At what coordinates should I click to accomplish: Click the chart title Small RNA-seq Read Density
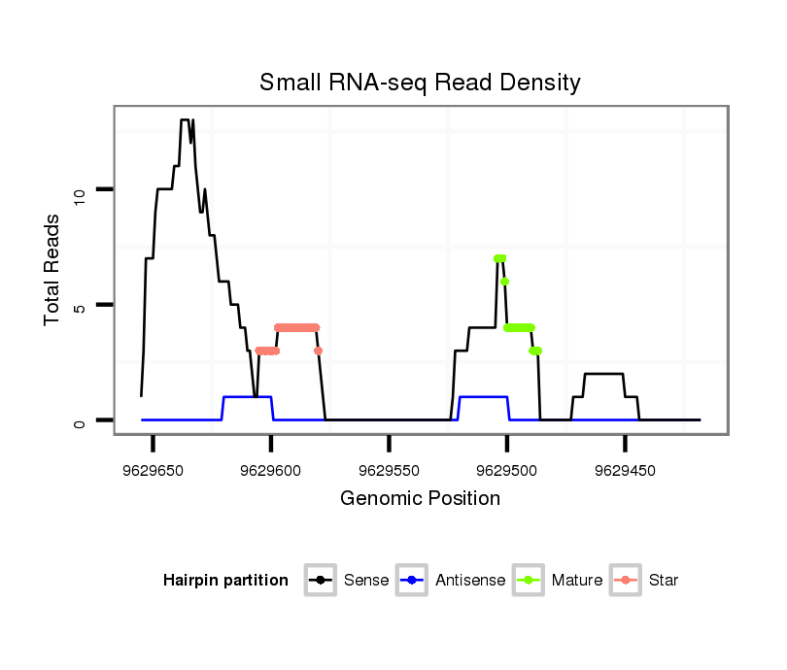pyautogui.click(x=420, y=83)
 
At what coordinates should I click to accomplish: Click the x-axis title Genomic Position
pyautogui.click(x=420, y=499)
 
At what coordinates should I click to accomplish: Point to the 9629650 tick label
pyautogui.click(x=153, y=470)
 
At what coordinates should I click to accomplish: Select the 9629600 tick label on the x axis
pyautogui.click(x=271, y=470)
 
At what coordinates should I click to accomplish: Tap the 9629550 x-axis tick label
pyautogui.click(x=389, y=470)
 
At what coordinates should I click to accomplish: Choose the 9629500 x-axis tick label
pyautogui.click(x=507, y=470)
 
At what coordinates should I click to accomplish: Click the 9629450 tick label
pyautogui.click(x=625, y=470)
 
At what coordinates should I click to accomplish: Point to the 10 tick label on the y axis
pyautogui.click(x=81, y=189)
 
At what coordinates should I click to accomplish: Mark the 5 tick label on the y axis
pyautogui.click(x=81, y=305)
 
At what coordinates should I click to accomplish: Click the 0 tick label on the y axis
pyautogui.click(x=81, y=420)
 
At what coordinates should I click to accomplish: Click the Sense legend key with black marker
pyautogui.click(x=321, y=581)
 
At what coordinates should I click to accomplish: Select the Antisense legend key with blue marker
pyautogui.click(x=412, y=581)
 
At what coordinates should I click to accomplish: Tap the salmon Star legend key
pyautogui.click(x=626, y=581)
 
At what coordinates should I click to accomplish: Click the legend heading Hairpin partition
pyautogui.click(x=225, y=581)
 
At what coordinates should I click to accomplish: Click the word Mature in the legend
pyautogui.click(x=577, y=581)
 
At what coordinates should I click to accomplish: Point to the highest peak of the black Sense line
pyautogui.click(x=185, y=120)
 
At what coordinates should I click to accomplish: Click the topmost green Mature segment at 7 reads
pyautogui.click(x=500, y=258)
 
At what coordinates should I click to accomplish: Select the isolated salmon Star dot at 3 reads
pyautogui.click(x=318, y=351)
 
